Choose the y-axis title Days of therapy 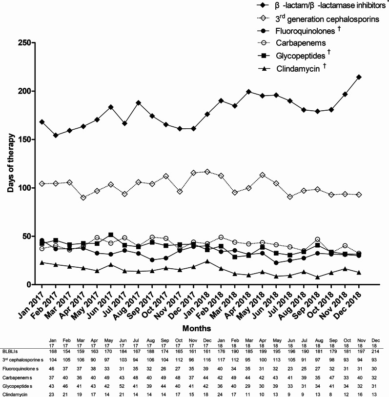coord(10,164)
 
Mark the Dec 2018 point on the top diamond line coord(359,77)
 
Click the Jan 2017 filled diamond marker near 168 coord(41,122)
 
